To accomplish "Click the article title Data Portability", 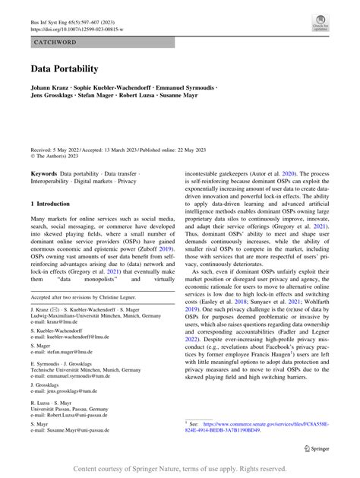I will pyautogui.click(x=65, y=68).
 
